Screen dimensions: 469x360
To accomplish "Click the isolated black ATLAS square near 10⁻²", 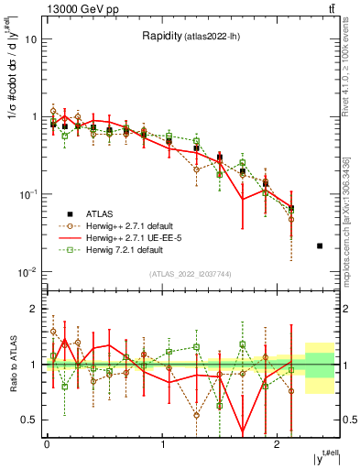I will pyautogui.click(x=319, y=246).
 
